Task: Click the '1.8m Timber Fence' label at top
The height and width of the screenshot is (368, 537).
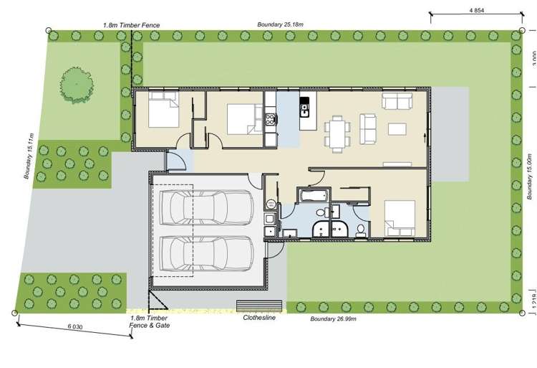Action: [x=131, y=25]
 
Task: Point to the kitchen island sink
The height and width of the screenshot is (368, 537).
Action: [x=304, y=110]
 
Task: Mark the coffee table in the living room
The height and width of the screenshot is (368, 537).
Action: [x=397, y=129]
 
